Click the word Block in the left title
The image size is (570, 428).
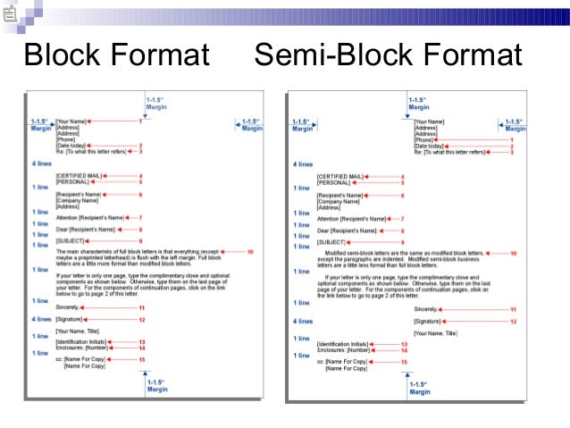point(63,55)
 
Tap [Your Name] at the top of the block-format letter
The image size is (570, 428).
point(71,121)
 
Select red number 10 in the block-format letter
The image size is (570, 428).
point(250,252)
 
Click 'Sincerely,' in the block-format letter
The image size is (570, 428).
point(67,307)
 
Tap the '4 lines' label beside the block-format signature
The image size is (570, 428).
point(41,319)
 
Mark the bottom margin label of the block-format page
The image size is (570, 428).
point(156,386)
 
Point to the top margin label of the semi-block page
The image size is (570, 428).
point(418,104)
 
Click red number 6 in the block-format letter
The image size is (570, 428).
point(140,194)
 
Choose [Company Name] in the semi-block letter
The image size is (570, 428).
point(337,201)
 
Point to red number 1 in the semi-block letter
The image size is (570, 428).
point(512,140)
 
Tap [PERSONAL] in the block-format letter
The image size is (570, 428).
point(71,182)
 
